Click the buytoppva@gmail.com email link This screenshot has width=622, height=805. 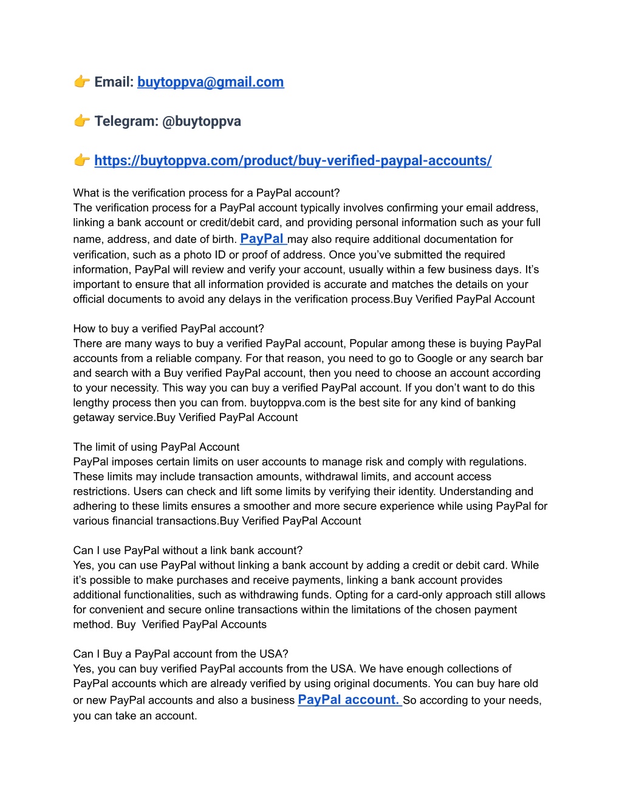tap(210, 82)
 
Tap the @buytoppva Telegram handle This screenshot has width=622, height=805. tap(202, 122)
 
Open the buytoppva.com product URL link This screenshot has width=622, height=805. tap(293, 161)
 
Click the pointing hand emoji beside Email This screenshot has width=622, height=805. tap(82, 81)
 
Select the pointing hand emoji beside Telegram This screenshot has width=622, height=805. tap(82, 121)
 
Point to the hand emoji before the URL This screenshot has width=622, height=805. tap(82, 160)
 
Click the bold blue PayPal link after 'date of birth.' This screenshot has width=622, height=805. tap(262, 239)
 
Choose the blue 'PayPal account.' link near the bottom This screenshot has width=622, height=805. tap(349, 700)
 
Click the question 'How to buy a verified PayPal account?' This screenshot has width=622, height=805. tap(169, 329)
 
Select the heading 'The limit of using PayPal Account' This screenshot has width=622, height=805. tap(156, 447)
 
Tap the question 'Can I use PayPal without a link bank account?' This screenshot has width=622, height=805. tap(188, 550)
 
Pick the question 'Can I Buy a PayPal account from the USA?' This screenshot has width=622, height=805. tap(180, 654)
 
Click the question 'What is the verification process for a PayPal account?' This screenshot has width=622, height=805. tap(207, 193)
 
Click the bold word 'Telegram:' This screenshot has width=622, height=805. tap(126, 122)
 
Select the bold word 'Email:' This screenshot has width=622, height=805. tap(114, 82)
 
